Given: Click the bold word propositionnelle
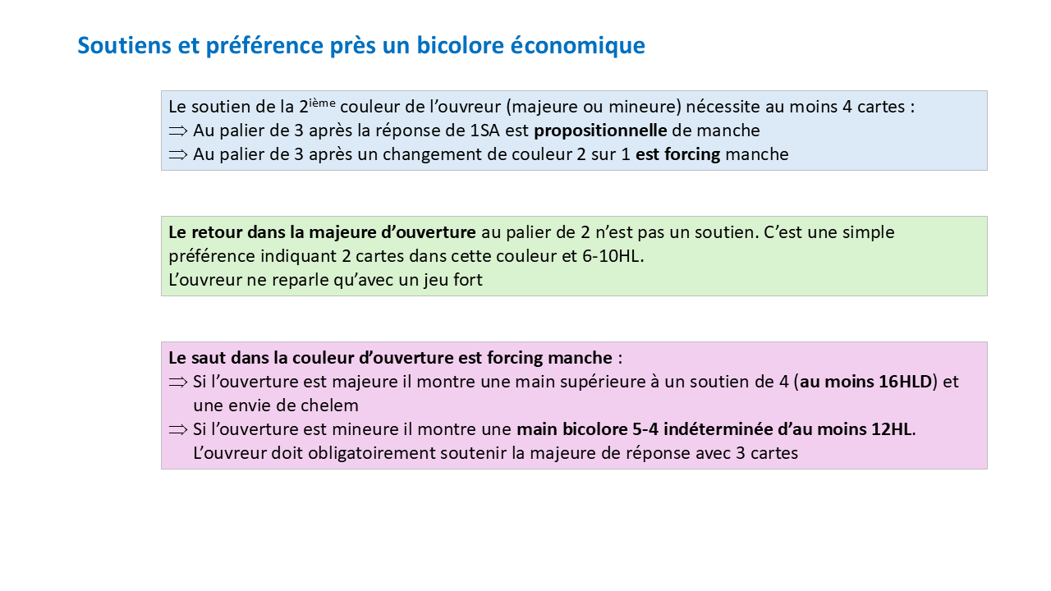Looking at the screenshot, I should (600, 131).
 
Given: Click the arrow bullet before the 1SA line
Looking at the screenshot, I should (178, 131).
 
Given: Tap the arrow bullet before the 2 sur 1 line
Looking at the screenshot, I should (178, 154).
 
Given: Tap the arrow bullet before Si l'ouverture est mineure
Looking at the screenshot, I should (178, 429).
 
